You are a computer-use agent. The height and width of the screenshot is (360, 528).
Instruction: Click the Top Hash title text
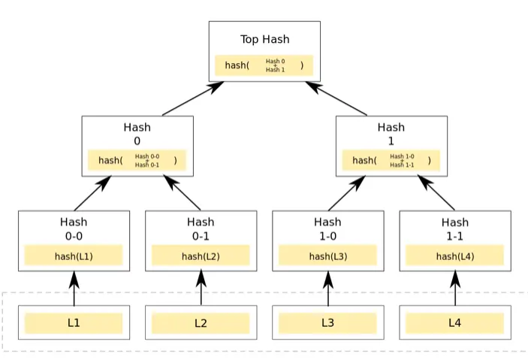coord(264,39)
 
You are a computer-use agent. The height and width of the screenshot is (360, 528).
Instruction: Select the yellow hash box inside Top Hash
coord(264,65)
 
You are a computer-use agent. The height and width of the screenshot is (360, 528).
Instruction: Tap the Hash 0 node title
coord(137,134)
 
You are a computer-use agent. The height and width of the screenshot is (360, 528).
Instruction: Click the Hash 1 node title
coord(391,134)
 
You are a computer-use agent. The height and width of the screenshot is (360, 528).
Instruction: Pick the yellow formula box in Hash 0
coord(137,160)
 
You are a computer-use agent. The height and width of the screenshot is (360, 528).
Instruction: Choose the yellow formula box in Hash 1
coord(391,160)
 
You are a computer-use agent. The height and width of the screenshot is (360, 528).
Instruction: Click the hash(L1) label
coord(74,256)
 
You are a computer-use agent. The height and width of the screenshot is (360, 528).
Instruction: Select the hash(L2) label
coord(201,256)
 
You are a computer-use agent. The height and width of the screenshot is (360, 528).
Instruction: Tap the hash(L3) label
coord(327,256)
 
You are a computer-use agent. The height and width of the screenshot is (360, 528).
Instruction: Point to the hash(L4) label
coord(454,256)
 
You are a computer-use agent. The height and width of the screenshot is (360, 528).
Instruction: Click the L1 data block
coord(74,323)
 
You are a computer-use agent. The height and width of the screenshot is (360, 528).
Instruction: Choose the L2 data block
coord(201,323)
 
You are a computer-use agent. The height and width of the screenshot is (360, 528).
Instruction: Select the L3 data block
coord(327,323)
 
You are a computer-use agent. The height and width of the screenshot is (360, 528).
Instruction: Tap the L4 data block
coord(454,323)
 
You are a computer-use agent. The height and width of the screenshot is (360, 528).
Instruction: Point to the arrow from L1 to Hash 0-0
coord(74,289)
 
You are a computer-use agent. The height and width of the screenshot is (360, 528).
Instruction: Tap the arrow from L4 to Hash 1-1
coord(454,289)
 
